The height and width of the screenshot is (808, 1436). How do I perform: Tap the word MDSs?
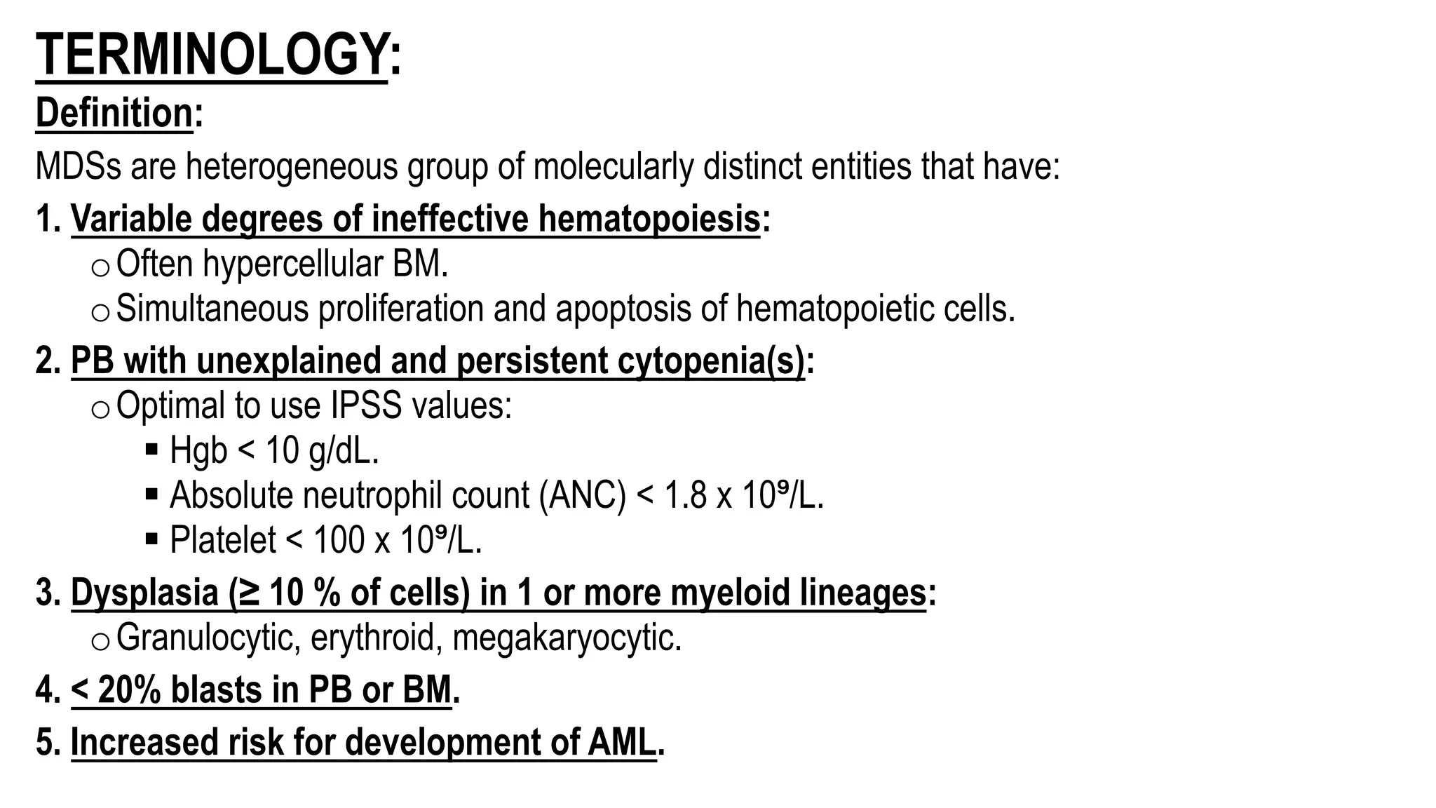[78, 167]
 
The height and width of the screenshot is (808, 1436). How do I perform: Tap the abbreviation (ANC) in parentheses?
[582, 496]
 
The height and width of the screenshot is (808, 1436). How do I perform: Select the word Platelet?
[223, 541]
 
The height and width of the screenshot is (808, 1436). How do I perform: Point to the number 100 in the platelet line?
[339, 541]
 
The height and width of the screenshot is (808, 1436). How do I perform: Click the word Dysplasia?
[144, 593]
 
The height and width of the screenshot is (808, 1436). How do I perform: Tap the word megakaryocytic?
[567, 638]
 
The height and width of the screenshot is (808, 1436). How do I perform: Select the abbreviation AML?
[621, 743]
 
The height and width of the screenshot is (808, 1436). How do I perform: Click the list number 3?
[46, 593]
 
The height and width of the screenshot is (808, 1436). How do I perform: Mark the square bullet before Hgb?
[151, 448]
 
